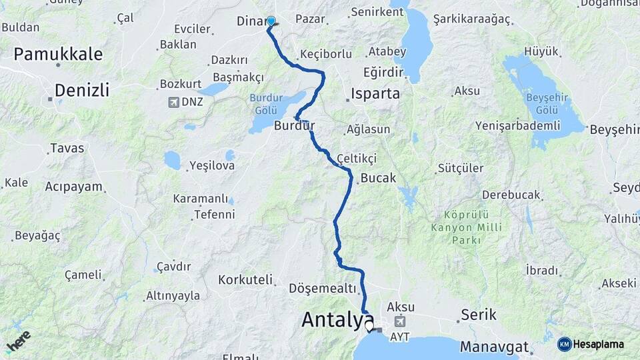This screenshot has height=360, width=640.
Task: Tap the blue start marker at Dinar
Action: [271, 21]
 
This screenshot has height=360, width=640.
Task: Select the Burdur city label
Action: [294, 125]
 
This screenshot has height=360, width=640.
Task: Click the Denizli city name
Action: [82, 90]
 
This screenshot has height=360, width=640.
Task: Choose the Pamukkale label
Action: [59, 54]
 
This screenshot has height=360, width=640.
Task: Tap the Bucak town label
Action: [378, 178]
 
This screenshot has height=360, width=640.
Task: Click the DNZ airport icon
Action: [174, 102]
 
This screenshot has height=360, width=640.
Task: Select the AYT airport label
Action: [401, 337]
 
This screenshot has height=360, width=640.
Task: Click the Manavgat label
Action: [494, 347]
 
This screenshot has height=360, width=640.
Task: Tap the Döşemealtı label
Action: [323, 288]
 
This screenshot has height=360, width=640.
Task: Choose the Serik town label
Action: [479, 315]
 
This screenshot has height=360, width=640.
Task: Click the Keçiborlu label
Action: [326, 53]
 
